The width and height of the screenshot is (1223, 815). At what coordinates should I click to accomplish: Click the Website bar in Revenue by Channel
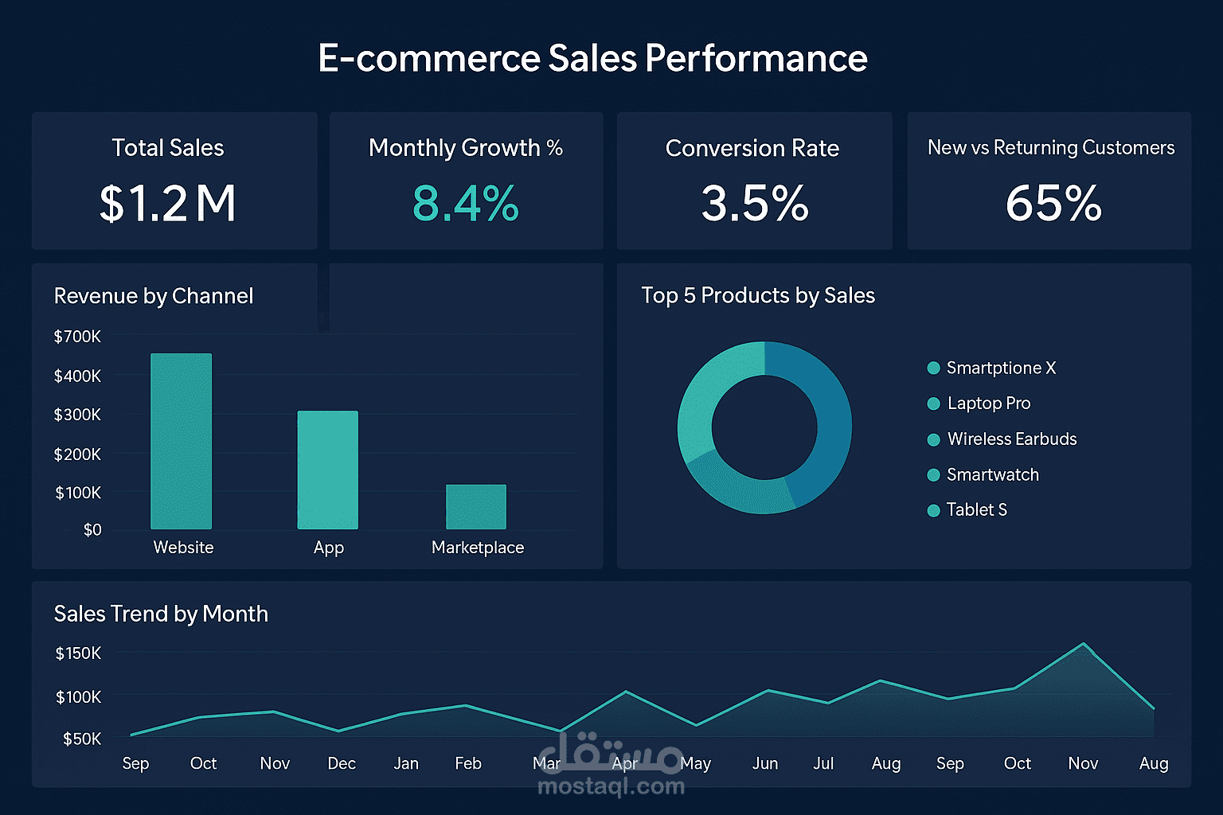[182, 442]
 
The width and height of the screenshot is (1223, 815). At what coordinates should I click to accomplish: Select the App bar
[327, 470]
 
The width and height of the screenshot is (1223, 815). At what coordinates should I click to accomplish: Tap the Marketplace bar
[475, 507]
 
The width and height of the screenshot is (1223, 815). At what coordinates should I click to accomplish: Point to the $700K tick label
[77, 337]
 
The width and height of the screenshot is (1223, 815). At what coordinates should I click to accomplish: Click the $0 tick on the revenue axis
[92, 530]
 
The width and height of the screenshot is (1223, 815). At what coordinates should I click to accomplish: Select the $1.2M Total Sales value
[168, 203]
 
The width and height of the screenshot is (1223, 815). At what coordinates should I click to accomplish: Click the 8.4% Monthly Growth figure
[466, 203]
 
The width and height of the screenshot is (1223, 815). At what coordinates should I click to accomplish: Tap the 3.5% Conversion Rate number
[754, 203]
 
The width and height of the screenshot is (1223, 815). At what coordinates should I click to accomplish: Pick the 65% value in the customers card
[1053, 203]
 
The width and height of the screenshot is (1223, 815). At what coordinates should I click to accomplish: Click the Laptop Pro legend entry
[988, 404]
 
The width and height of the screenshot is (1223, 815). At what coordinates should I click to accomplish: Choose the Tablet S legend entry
[976, 510]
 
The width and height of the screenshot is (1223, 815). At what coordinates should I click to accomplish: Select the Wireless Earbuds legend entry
[1011, 439]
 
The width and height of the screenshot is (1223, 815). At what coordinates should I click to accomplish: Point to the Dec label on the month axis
[342, 763]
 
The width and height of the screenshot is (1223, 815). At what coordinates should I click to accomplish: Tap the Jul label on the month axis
[823, 763]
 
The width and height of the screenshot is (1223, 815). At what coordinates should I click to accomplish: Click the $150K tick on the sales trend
[78, 653]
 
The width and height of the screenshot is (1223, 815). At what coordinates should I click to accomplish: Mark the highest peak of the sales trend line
[1083, 644]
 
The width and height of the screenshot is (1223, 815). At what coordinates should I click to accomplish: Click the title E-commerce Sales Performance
[592, 58]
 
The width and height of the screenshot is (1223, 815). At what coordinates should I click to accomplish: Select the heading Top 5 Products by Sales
[758, 295]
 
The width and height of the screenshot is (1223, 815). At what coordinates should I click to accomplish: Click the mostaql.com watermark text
[611, 786]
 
